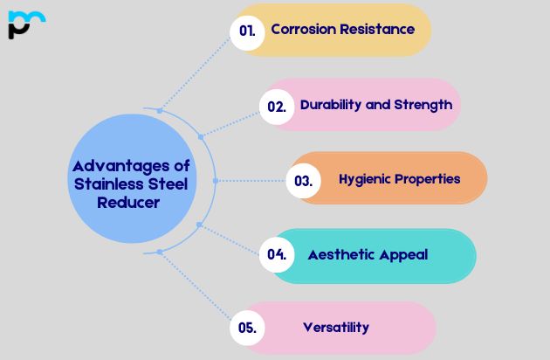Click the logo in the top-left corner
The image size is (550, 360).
click(24, 24)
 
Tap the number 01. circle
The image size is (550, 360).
click(247, 30)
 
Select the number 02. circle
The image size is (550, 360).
click(277, 107)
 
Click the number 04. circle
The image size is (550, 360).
click(277, 255)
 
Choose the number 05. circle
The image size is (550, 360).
click(247, 329)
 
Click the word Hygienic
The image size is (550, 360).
click(364, 179)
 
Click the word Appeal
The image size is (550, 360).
click(402, 255)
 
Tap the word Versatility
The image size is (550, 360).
click(336, 328)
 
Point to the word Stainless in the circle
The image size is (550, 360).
click(106, 183)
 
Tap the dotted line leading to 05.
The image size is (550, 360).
click(194, 289)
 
